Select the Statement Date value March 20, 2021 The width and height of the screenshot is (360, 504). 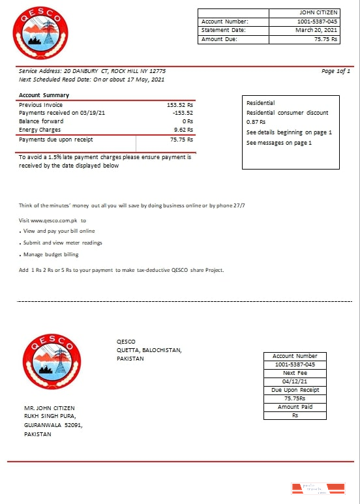pos(316,30)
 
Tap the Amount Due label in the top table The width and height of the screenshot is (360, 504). pos(219,39)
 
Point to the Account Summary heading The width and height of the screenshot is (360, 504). pos(44,96)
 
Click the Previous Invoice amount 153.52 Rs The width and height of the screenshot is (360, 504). pos(180,104)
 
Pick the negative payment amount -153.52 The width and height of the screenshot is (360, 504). pos(182,113)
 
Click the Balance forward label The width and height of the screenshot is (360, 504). pos(41,121)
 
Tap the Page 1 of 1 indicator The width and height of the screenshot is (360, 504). pos(336,71)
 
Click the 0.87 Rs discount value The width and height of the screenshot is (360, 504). pos(256,122)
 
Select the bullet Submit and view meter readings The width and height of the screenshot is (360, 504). pos(63,243)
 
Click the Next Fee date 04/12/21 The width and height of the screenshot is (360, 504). pos(295,381)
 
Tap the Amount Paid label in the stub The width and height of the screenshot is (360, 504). pos(295,407)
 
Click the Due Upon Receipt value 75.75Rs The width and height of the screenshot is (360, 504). pos(295,398)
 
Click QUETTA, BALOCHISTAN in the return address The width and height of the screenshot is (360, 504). pos(149,350)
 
